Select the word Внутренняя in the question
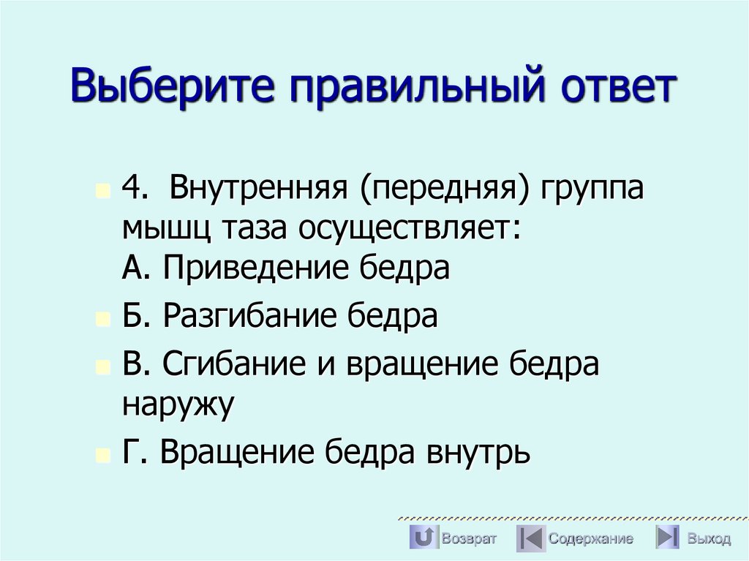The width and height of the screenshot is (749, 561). [258, 189]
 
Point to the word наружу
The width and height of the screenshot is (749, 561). [178, 404]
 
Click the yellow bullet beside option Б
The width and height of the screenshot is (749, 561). [102, 320]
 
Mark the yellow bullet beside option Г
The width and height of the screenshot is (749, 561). [102, 456]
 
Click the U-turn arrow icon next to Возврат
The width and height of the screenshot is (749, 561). [424, 538]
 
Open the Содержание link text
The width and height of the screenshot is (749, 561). [591, 539]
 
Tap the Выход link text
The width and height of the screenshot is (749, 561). [708, 539]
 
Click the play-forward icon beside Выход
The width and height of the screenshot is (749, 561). [666, 538]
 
